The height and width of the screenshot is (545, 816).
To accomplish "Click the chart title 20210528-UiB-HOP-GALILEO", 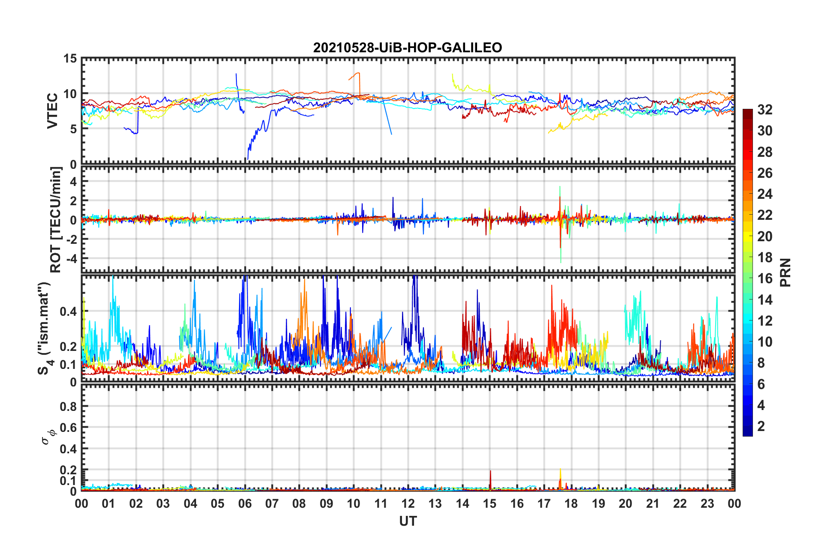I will (x=407, y=48).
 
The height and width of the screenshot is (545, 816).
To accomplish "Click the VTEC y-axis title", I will (x=52, y=111).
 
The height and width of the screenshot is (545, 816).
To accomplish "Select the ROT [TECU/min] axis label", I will (x=56, y=220).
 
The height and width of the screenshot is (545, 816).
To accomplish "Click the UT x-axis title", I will (x=408, y=521).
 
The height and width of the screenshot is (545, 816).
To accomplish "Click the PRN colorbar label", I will (x=785, y=272).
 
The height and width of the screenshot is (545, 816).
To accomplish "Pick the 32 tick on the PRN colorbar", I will (x=765, y=110).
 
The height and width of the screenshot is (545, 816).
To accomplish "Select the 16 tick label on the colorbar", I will (x=765, y=278).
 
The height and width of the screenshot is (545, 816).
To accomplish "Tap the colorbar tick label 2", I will (x=761, y=426).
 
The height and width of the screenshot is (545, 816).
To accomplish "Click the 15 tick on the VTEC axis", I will (x=70, y=58).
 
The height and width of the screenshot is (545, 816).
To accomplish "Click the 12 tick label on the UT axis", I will (x=408, y=503).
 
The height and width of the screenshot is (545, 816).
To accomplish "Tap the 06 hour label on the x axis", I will (x=245, y=503).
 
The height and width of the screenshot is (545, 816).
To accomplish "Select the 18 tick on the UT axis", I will (x=571, y=503).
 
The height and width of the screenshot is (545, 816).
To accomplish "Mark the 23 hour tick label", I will (x=707, y=503).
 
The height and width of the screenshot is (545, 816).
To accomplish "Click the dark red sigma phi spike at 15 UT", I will (x=490, y=476).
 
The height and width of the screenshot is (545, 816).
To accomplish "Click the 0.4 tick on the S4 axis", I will (x=69, y=311).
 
